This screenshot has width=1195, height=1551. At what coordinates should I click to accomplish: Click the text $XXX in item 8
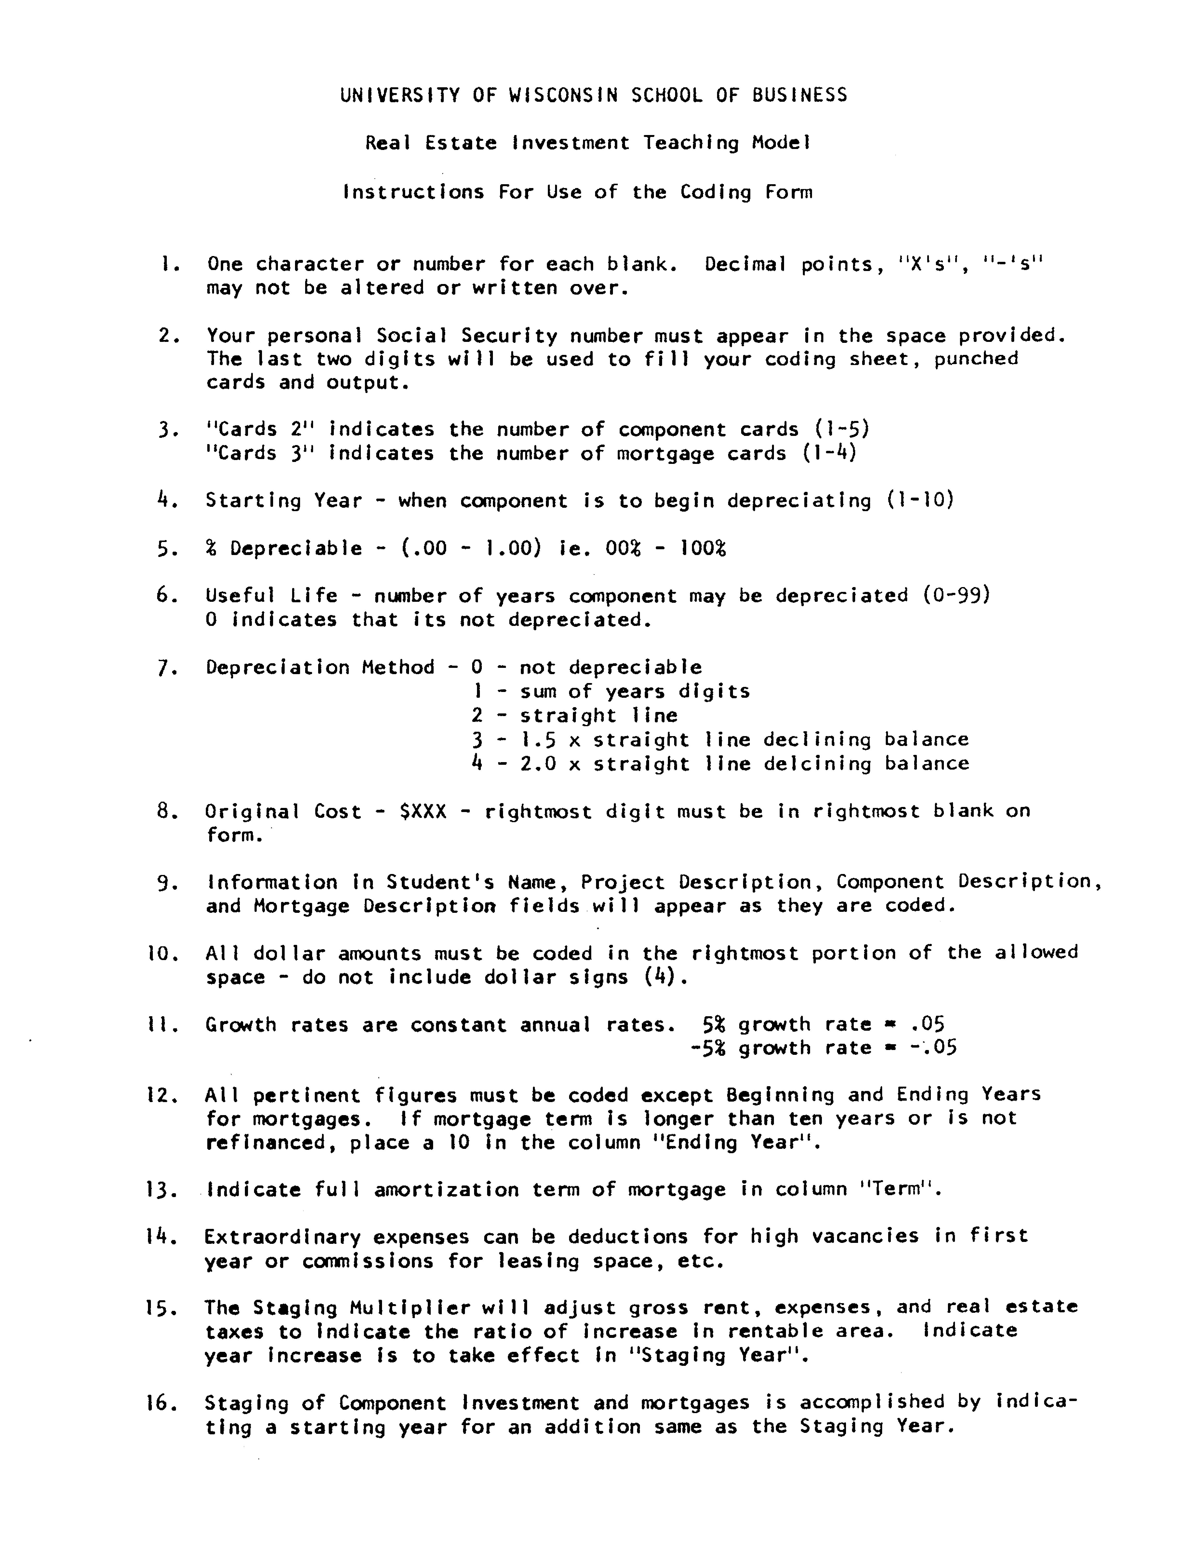[x=424, y=811]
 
